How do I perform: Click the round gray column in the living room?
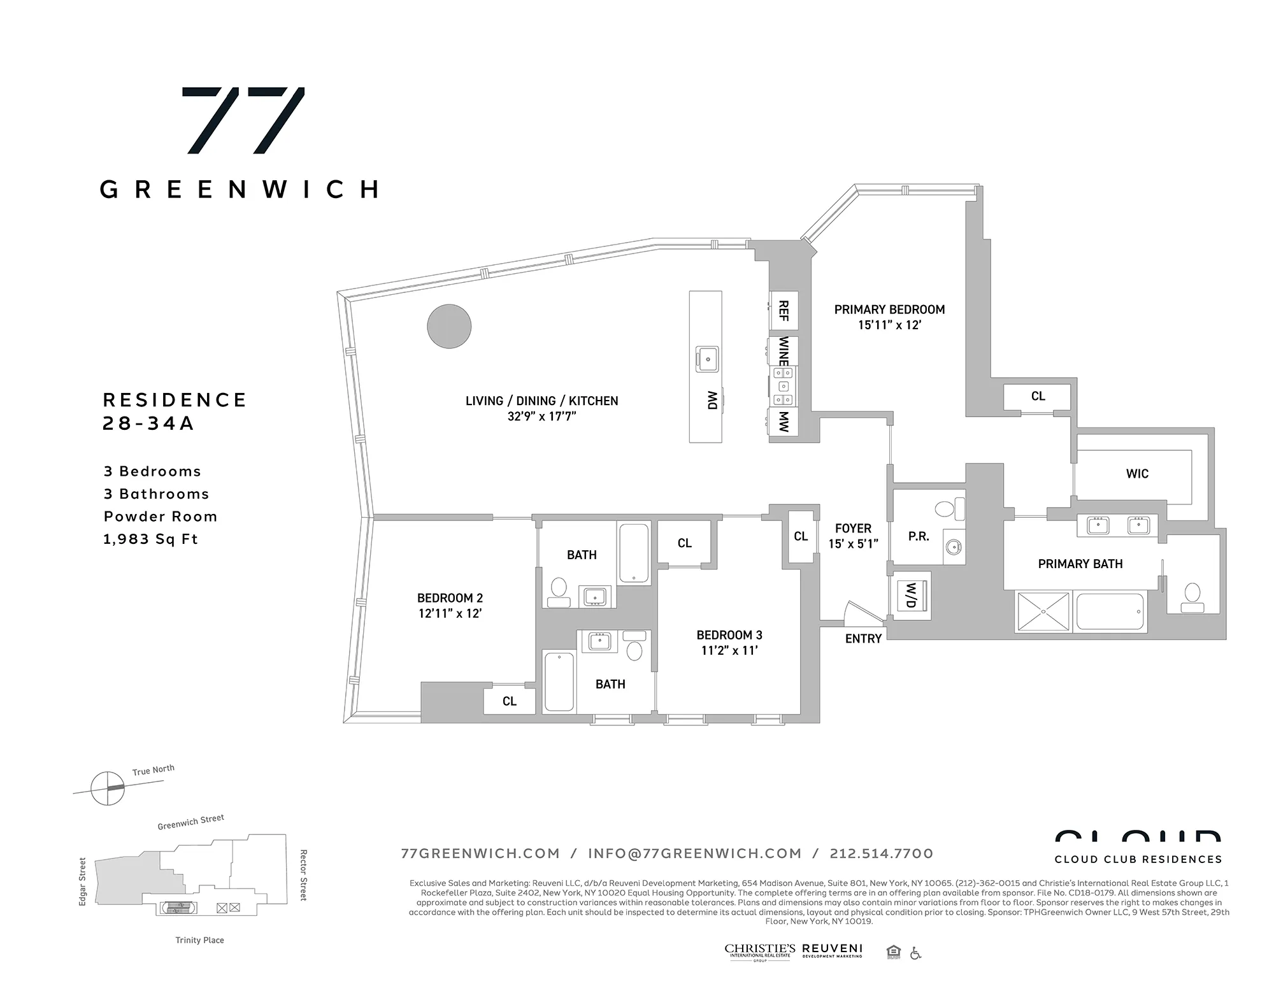click(449, 326)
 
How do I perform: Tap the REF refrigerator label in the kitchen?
click(784, 311)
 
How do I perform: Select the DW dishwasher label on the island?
click(712, 400)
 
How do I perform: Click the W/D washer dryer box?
click(910, 595)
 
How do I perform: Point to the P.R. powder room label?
click(919, 537)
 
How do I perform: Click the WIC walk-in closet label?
click(1137, 474)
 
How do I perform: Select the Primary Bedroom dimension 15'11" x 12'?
click(889, 325)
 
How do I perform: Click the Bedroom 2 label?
click(450, 598)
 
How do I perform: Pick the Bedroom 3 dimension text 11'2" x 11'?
click(729, 651)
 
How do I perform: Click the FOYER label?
click(853, 529)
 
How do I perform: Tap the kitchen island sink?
click(707, 359)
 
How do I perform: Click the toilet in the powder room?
click(948, 509)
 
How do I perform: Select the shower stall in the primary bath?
click(1043, 611)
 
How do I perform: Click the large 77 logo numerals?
click(243, 120)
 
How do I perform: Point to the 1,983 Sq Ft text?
click(151, 539)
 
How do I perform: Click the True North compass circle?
click(108, 788)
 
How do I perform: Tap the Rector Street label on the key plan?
click(303, 874)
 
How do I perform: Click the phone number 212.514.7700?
click(881, 853)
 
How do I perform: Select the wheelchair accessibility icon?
click(915, 953)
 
